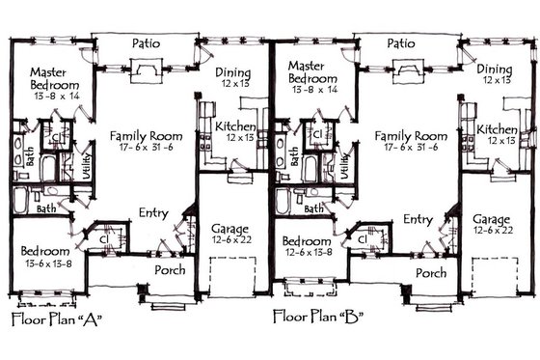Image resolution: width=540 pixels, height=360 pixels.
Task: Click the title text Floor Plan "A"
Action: click(56, 318)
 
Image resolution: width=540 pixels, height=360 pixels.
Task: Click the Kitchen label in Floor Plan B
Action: click(498, 128)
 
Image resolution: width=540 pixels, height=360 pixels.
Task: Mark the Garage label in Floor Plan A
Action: click(229, 229)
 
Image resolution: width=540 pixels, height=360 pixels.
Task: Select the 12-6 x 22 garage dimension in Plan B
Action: click(492, 230)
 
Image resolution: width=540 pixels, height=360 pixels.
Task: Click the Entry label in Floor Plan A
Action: click(154, 212)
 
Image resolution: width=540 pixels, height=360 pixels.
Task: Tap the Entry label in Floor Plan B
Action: click(417, 219)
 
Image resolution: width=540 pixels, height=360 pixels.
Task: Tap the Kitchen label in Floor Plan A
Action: click(234, 126)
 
